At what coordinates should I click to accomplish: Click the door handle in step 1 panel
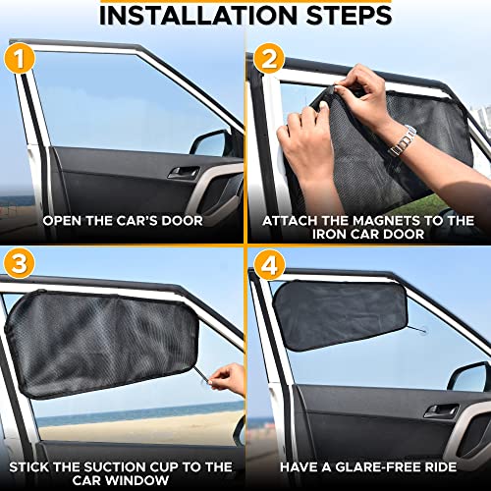coord(184,172)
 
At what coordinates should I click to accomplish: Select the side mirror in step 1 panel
coord(209,144)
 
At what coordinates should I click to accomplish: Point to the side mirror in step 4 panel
coord(468,378)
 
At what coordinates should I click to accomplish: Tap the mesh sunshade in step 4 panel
coord(339,314)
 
